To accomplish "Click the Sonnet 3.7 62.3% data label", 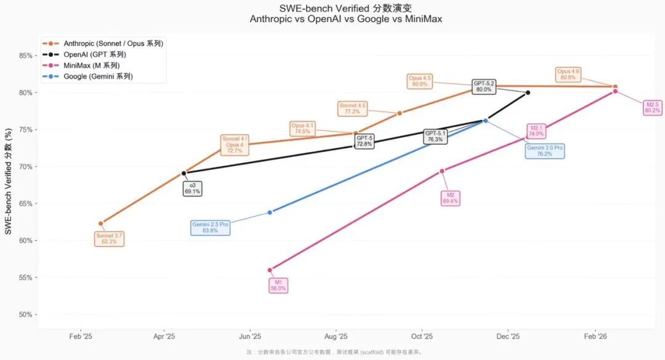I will [110, 239].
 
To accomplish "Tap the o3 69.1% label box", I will [192, 188].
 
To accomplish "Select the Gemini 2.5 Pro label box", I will [210, 228].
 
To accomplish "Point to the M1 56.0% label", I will [278, 286].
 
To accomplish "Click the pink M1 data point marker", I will [270, 270].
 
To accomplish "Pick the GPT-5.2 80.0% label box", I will [484, 86].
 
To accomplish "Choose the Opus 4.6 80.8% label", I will [568, 74].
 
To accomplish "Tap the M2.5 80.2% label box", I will [653, 108].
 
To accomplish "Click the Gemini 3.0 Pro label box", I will [544, 151].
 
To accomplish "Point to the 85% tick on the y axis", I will [25, 56].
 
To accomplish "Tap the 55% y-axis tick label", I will [25, 278].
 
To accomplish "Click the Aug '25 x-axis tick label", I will [336, 337].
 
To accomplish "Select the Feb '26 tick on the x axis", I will [595, 337].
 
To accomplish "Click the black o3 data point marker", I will [183, 174].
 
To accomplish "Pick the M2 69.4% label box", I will [450, 198].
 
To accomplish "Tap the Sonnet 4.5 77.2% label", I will [352, 109].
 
